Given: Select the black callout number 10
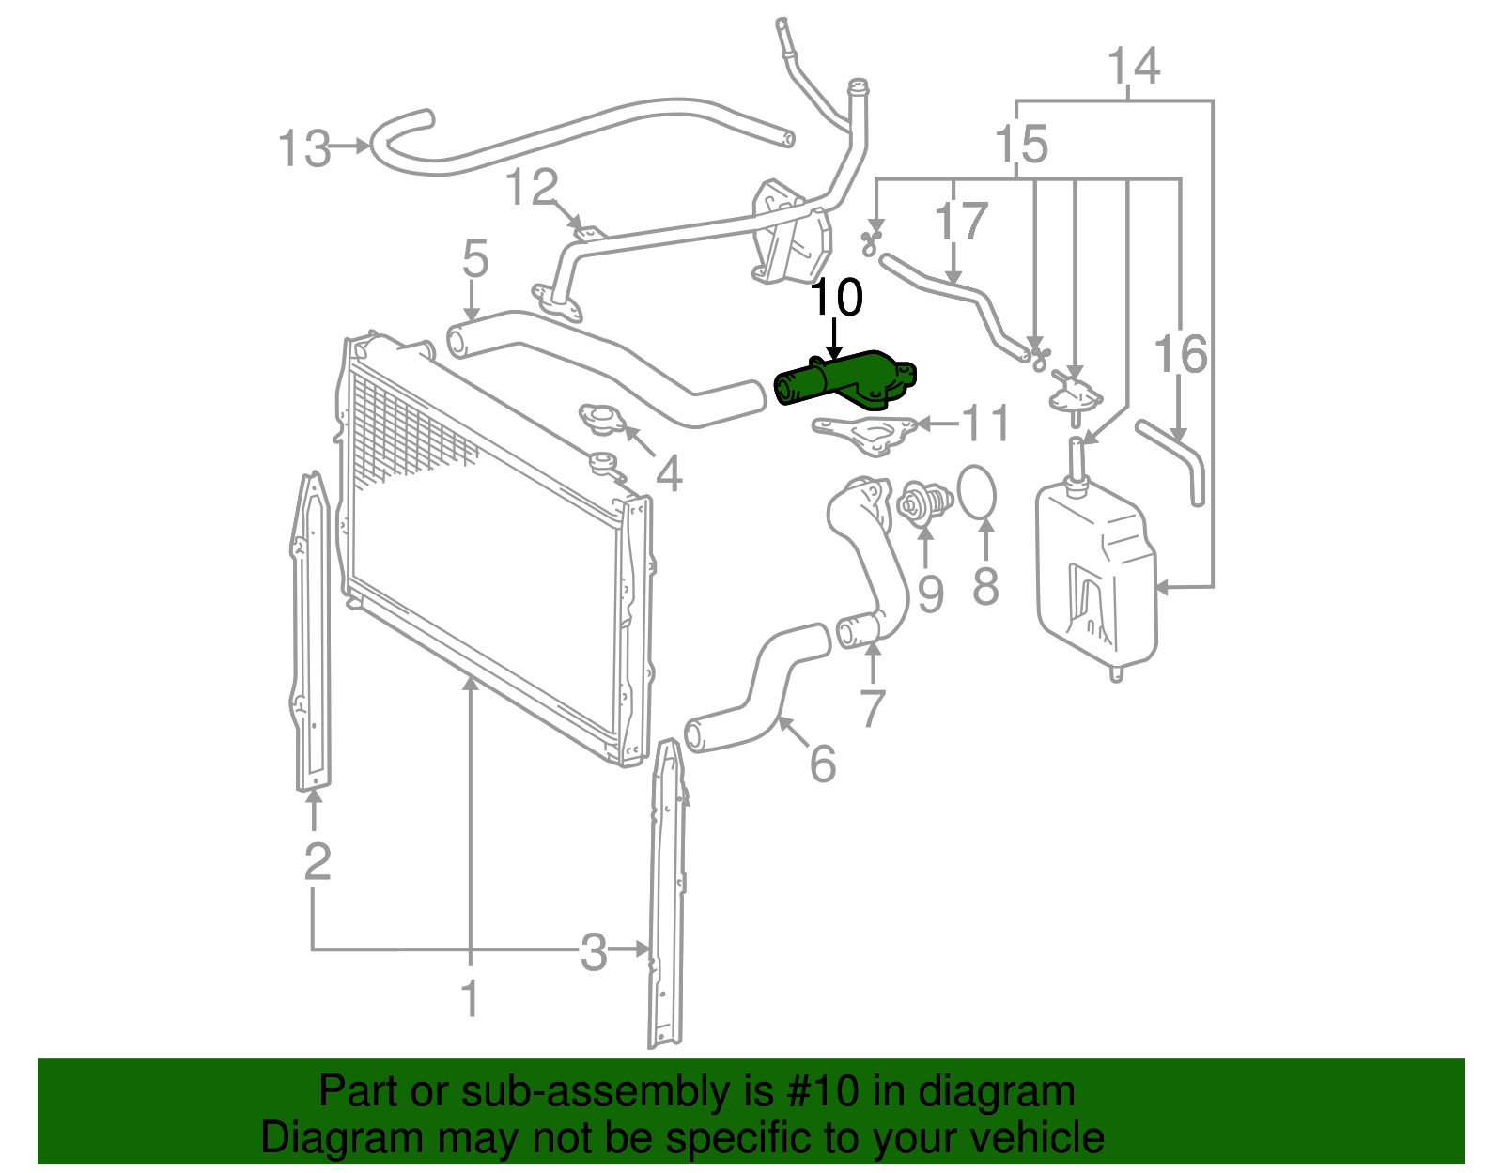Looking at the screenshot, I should [835, 298].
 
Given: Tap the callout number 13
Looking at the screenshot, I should [304, 148].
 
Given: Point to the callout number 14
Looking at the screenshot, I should [1133, 67].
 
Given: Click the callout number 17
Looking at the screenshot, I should [960, 223].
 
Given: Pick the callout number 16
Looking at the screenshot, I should [1180, 354].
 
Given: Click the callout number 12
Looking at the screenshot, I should [532, 188].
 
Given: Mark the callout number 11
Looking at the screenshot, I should [986, 424].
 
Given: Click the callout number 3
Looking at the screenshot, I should [593, 952].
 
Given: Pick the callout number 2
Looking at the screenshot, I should [318, 861].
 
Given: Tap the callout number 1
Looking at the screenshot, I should [470, 998].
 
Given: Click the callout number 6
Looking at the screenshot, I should [822, 764].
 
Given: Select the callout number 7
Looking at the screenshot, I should [873, 708].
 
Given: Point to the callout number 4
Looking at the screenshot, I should [668, 474].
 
